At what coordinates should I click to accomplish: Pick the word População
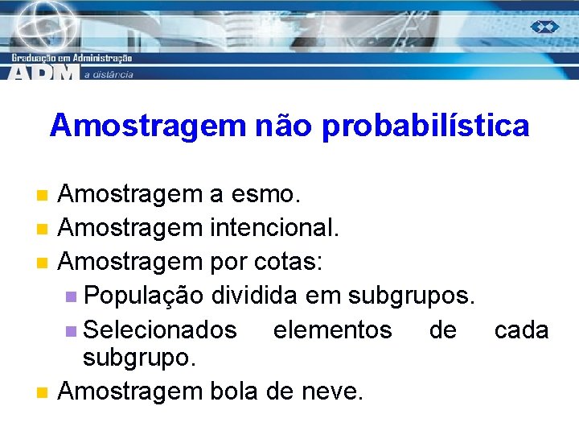click(x=143, y=296)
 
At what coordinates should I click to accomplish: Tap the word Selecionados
click(x=160, y=330)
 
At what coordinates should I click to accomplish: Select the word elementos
click(x=332, y=330)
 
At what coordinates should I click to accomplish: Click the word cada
click(x=521, y=330)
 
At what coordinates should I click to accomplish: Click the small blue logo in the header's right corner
click(x=544, y=27)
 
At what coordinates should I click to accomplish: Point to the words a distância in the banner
click(x=108, y=74)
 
